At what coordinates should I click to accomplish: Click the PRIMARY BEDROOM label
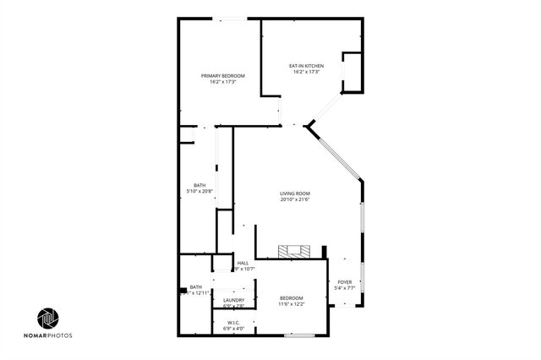coord(217,76)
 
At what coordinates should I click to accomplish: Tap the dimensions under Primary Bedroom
coord(217,82)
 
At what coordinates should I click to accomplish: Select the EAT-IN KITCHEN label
coord(307,66)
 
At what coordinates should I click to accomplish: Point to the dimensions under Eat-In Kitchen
coord(307,72)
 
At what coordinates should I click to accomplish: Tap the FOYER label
coord(345,281)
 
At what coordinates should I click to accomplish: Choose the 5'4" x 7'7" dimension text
coord(345,287)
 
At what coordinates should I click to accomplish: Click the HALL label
coord(243,263)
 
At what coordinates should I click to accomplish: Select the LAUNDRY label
coord(234,300)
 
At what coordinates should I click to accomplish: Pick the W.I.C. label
coord(233,322)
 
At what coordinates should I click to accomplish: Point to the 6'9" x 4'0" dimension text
coord(233,328)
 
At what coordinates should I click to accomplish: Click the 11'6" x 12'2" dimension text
coord(292,304)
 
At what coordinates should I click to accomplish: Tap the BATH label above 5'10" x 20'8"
coord(199,185)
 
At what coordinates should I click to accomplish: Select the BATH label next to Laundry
coord(195,286)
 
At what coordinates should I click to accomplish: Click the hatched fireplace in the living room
coord(294,251)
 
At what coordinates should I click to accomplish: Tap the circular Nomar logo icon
coord(47,319)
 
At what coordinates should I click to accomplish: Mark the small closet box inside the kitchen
coord(352,72)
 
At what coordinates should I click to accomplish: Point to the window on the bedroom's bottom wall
coord(298,335)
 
